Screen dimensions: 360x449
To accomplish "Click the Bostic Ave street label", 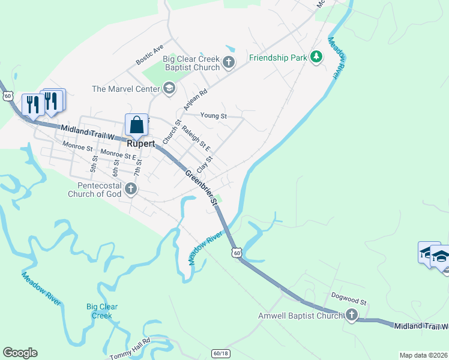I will (149, 55).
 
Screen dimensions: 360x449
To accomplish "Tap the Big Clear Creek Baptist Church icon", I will (228, 62).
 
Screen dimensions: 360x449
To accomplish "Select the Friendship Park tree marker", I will (316, 58).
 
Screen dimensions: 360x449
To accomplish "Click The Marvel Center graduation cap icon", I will (169, 89).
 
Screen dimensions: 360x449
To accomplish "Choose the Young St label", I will (214, 115).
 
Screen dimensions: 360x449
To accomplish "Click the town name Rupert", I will (141, 144).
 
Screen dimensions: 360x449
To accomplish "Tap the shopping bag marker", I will (137, 124).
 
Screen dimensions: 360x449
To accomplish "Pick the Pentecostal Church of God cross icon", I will (131, 190).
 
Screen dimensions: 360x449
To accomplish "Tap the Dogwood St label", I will (348, 296).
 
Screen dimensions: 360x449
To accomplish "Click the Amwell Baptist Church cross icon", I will (351, 315).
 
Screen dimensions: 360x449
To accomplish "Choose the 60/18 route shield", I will (220, 353).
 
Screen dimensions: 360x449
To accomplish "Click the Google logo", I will (20, 353).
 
